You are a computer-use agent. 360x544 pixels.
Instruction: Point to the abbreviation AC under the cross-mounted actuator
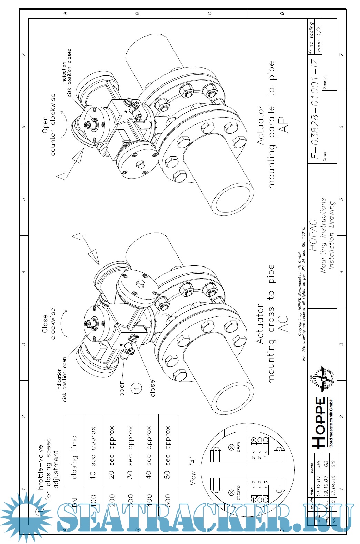pyautogui.click(x=283, y=323)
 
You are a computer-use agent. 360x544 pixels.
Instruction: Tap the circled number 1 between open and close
pyautogui.click(x=137, y=388)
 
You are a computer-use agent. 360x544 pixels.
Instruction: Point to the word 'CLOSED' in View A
pyautogui.click(x=238, y=493)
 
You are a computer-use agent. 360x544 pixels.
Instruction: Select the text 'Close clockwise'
pyautogui.click(x=49, y=323)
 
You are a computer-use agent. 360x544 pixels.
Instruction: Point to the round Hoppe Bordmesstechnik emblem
pyautogui.click(x=324, y=379)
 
